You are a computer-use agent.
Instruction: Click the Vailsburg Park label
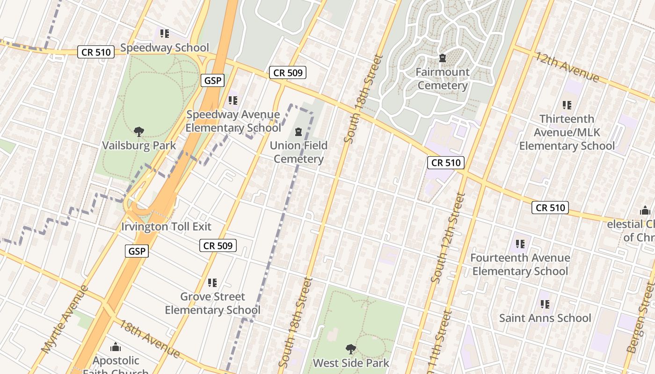tap(139, 145)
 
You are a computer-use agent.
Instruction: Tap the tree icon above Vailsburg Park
tap(139, 132)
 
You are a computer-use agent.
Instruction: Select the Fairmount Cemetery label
tap(443, 79)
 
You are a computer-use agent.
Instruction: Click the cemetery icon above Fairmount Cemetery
tap(443, 58)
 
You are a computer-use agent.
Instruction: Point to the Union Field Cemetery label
tap(298, 152)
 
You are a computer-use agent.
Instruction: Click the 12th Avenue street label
tap(567, 67)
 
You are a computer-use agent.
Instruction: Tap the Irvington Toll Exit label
tap(166, 227)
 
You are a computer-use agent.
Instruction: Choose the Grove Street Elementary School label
tap(212, 303)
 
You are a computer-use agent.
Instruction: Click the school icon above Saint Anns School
tap(545, 304)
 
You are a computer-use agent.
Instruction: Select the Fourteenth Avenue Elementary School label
tap(520, 264)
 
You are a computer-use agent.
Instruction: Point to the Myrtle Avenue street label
tap(65, 319)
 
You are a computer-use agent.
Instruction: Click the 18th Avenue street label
tap(149, 338)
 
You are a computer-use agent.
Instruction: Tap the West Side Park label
tap(351, 363)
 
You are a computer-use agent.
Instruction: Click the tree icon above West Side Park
tap(350, 349)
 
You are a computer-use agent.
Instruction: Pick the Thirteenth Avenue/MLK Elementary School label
tap(567, 132)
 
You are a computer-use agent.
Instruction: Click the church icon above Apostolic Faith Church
tap(116, 347)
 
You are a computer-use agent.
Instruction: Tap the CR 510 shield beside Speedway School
tap(96, 52)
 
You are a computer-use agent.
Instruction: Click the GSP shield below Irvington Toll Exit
tap(137, 251)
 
